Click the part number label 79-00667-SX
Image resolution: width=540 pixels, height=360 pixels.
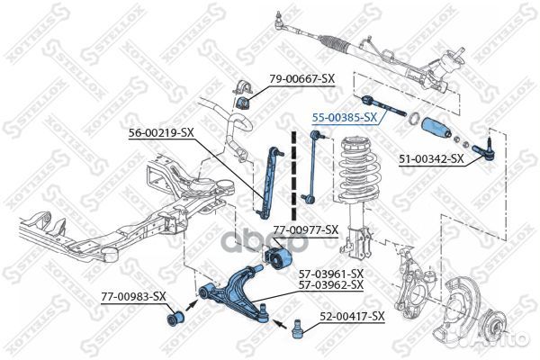coord(302,79)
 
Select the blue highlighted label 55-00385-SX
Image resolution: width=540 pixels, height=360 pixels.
coord(344,116)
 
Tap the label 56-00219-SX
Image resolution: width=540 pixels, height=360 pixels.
coord(162,132)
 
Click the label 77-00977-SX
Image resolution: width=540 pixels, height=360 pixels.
coord(305,229)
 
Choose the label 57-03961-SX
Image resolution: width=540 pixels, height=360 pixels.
coord(331,273)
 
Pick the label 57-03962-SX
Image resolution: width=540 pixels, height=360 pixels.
coord(331,284)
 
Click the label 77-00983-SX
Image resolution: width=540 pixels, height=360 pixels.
coord(133,295)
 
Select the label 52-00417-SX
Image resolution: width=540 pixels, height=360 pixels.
coord(352,316)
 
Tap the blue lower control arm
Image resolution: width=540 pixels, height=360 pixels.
coord(236,290)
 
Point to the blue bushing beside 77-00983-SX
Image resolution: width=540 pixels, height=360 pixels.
coord(174,318)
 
